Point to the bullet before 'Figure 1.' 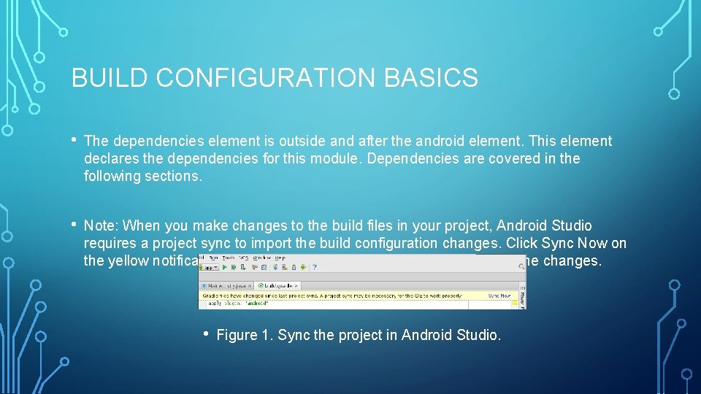pyautogui.click(x=207, y=335)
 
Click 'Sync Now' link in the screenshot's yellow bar pyautogui.click(x=499, y=295)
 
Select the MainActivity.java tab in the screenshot pyautogui.click(x=228, y=285)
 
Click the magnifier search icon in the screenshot pyautogui.click(x=521, y=267)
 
